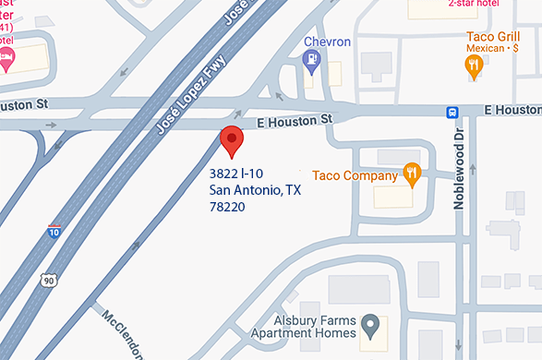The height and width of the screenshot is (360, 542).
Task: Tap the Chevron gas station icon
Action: (x=312, y=62)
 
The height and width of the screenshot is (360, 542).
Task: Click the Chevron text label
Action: (x=328, y=42)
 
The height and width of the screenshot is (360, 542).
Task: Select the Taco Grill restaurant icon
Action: (x=474, y=65)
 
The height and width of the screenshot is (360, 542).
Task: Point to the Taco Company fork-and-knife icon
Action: (x=413, y=173)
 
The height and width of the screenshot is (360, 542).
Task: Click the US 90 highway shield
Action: (x=46, y=279)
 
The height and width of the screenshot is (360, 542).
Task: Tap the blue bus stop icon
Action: (x=452, y=112)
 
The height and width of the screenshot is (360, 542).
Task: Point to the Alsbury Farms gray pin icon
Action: (x=369, y=325)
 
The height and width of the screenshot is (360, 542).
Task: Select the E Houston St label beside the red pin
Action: (x=294, y=119)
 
